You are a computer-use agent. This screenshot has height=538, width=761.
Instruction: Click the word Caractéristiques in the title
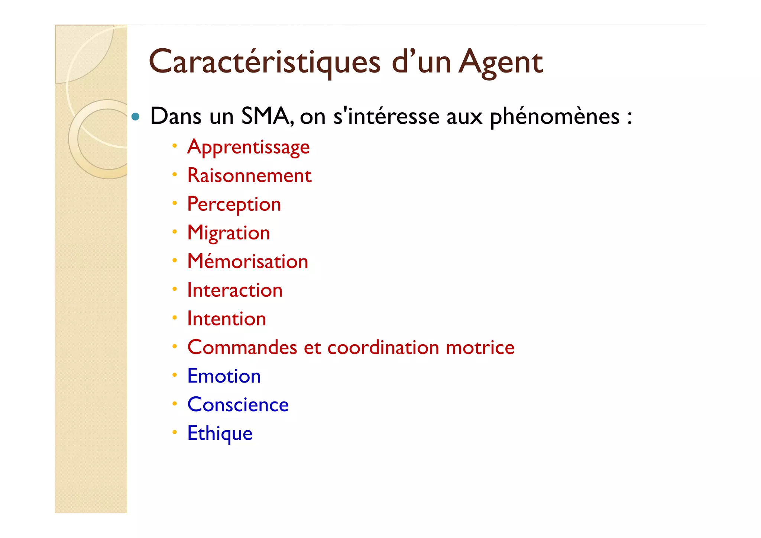tap(265, 62)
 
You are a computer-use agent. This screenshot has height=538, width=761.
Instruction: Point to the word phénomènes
tap(554, 117)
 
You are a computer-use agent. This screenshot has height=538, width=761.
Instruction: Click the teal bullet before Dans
tap(136, 117)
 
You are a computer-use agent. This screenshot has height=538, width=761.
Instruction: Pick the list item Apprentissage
tap(248, 147)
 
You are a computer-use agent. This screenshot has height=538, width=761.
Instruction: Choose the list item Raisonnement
tap(249, 175)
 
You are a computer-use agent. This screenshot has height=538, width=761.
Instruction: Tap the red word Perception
tap(234, 204)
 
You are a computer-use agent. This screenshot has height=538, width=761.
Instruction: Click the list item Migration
tap(228, 233)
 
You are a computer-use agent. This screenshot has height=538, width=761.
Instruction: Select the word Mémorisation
tap(247, 261)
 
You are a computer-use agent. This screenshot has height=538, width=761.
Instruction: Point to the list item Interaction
tap(234, 290)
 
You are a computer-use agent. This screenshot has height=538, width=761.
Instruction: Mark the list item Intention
tap(226, 319)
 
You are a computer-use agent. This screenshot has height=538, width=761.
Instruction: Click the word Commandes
tap(242, 348)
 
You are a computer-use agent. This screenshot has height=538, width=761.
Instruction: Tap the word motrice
tap(480, 348)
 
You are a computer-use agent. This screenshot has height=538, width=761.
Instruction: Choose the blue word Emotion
tap(224, 376)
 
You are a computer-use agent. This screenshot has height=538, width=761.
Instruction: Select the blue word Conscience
tap(238, 405)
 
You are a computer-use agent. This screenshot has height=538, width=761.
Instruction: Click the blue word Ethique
tap(220, 434)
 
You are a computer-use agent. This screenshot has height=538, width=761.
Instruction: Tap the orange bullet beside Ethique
tap(174, 432)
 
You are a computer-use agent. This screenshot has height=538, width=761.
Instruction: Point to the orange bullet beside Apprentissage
tap(174, 146)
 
